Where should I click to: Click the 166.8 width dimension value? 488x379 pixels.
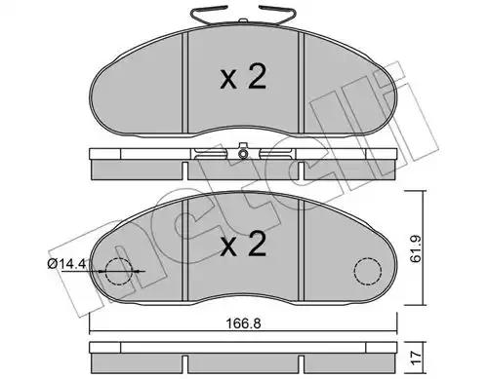coord(243,323)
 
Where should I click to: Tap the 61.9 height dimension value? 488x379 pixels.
coord(416,249)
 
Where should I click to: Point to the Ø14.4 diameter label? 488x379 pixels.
coord(66,264)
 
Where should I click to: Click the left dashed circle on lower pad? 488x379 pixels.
coord(119,271)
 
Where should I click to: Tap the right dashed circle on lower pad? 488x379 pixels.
coord(368,271)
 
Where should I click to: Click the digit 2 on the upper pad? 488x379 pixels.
coord(257,76)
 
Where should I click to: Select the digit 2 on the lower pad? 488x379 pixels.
coord(257,244)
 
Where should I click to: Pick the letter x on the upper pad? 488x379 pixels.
coord(228,80)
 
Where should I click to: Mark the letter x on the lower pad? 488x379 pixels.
coord(228,247)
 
